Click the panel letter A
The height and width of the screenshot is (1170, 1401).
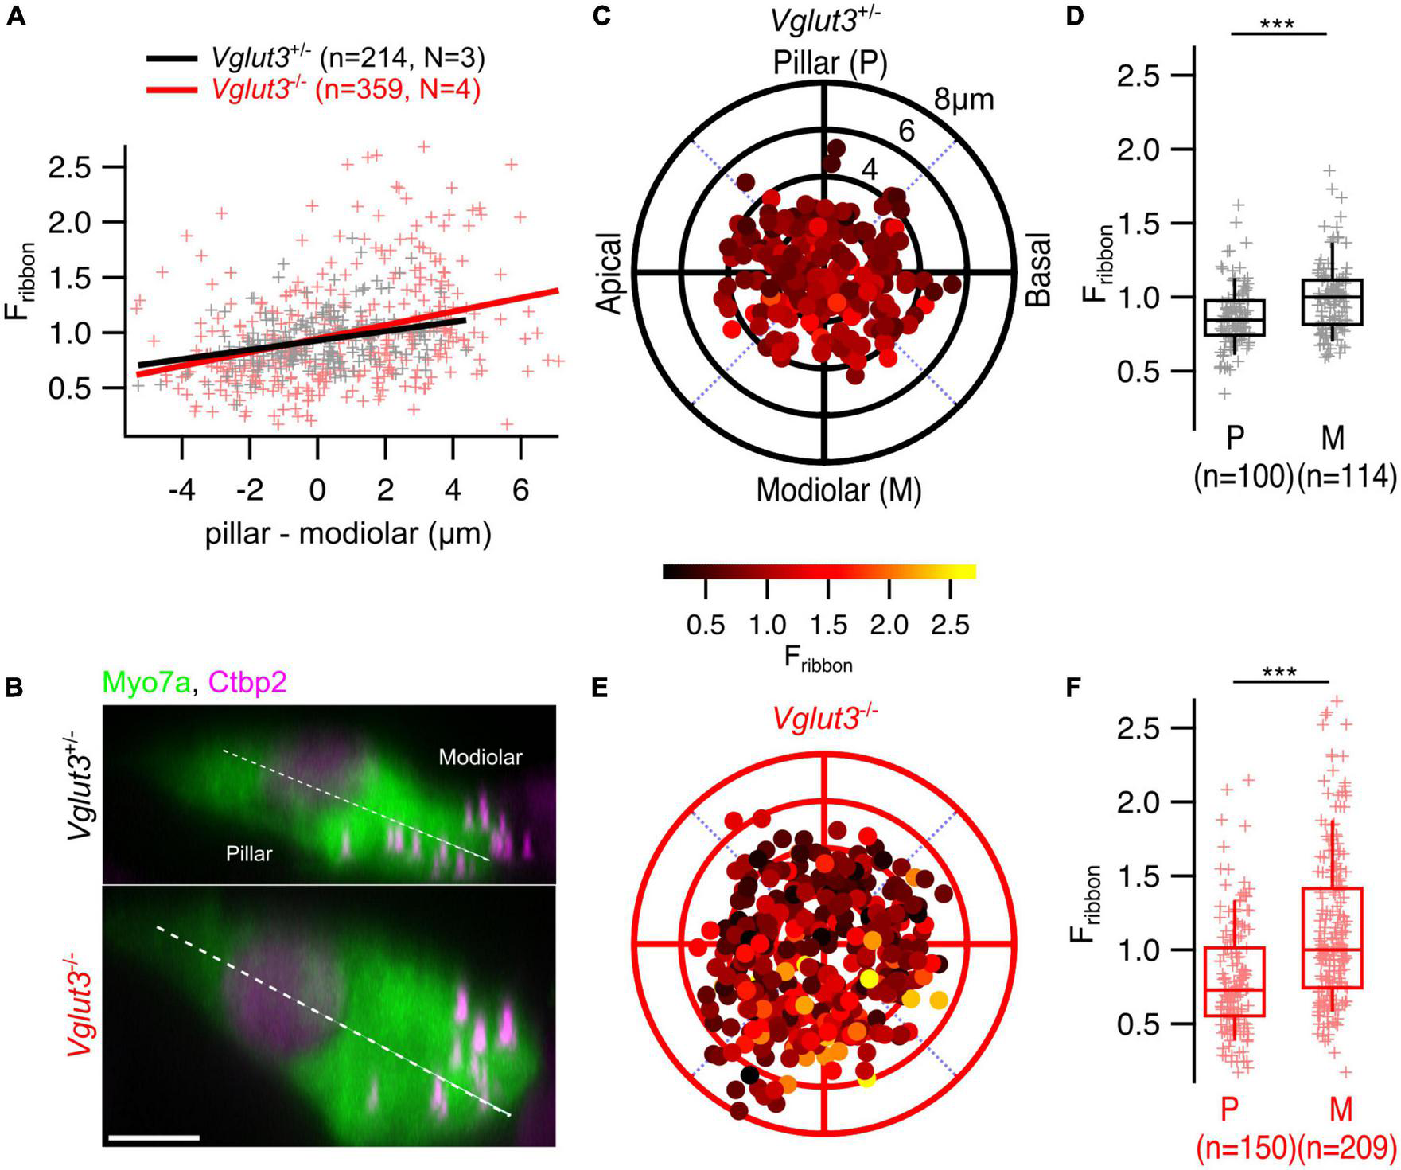[15, 15]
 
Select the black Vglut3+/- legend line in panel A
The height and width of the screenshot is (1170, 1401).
[170, 59]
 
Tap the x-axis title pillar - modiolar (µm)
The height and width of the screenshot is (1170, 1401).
[348, 534]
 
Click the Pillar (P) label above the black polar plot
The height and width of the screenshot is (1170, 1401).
[830, 63]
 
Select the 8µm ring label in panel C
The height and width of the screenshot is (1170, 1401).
[963, 99]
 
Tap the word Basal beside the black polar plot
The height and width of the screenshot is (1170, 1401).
[1038, 270]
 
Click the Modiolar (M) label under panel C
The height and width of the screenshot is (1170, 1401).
[838, 489]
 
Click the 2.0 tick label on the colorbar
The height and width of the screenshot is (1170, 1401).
[889, 626]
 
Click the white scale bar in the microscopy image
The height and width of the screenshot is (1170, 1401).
[153, 1137]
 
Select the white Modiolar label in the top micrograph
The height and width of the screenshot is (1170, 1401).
[480, 757]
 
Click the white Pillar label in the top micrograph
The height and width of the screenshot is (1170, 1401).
[248, 854]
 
